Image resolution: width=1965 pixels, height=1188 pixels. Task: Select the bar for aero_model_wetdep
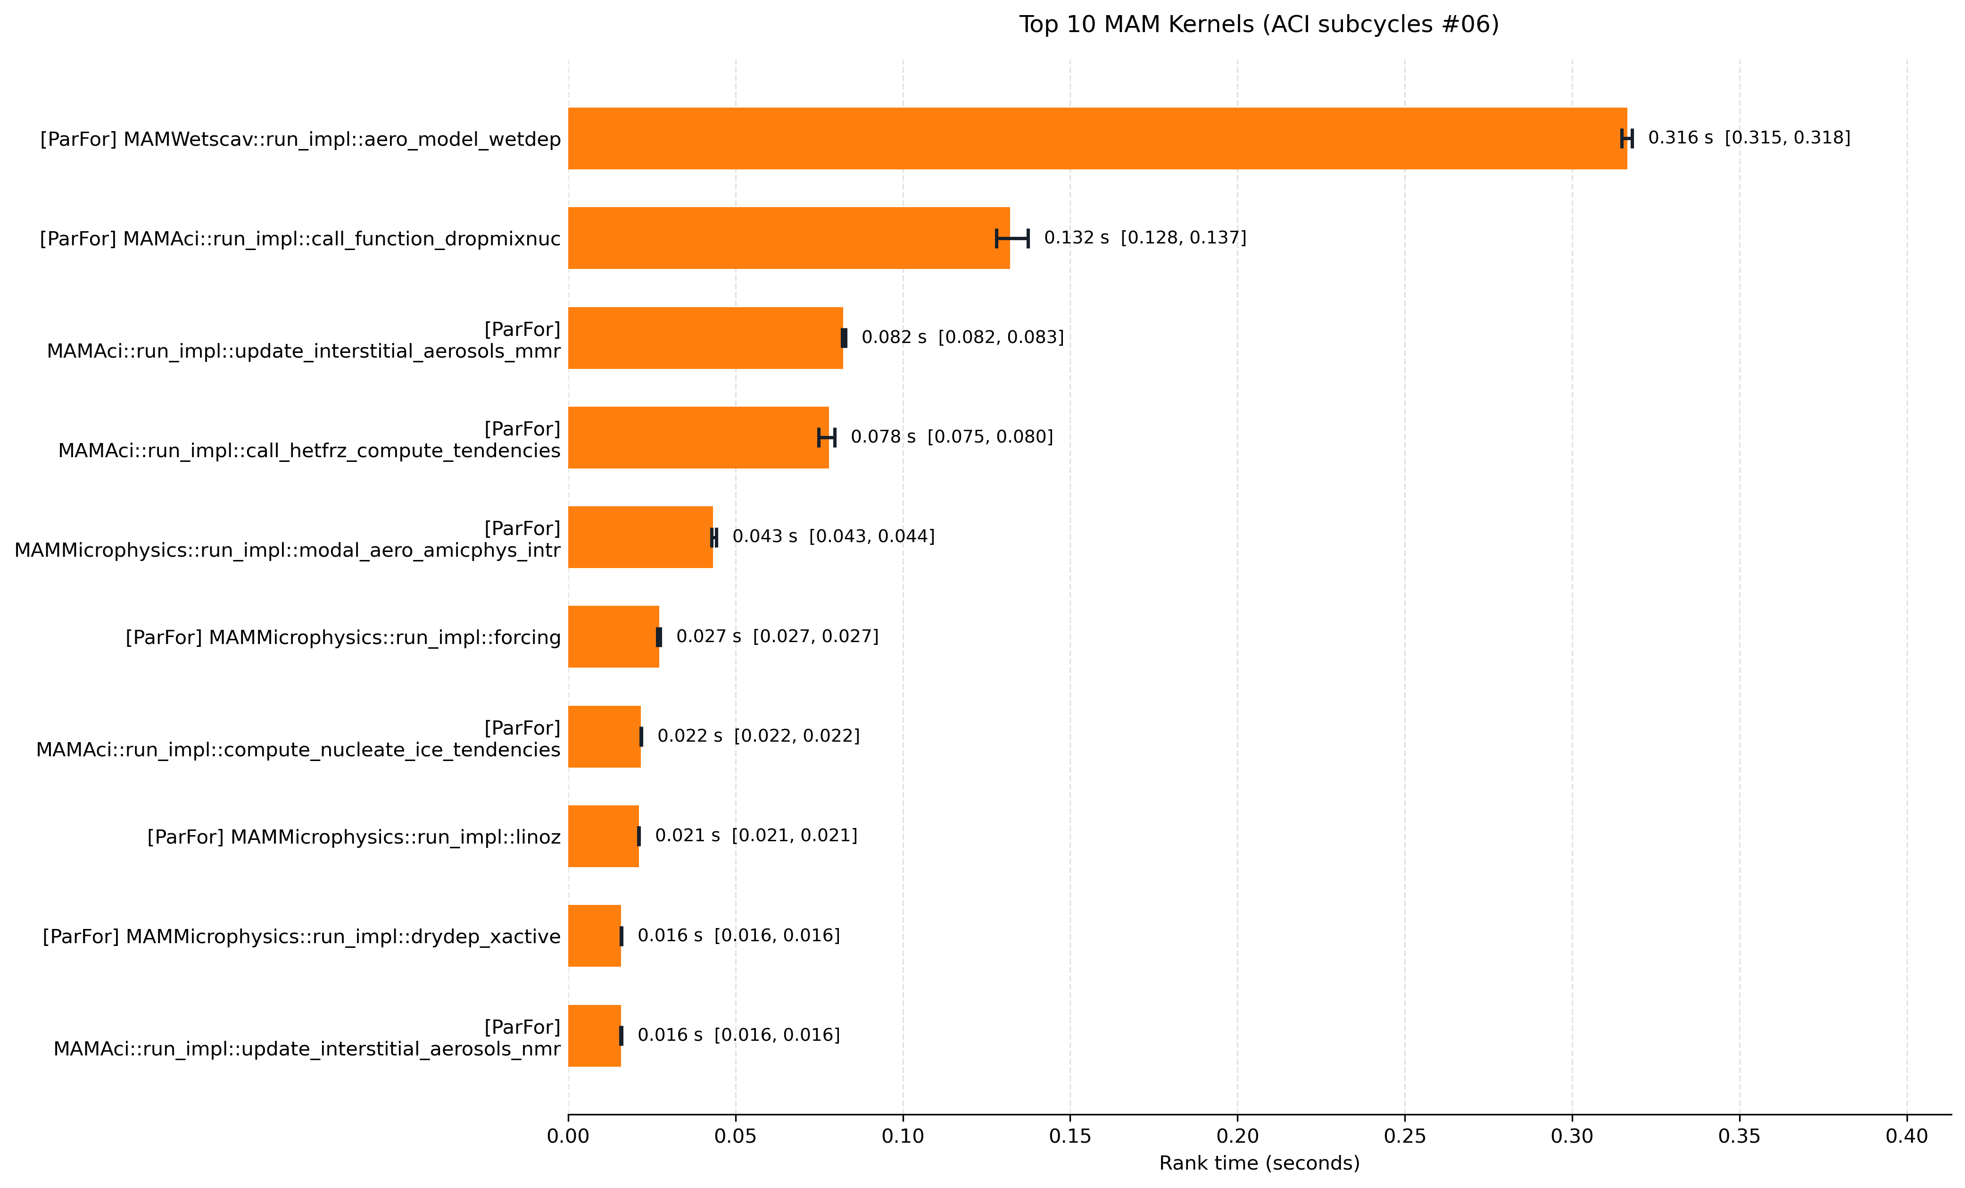(x=1097, y=138)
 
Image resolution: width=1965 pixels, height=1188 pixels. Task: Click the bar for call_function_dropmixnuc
(x=789, y=238)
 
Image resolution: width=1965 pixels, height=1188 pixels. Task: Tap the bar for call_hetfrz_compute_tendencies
(x=698, y=437)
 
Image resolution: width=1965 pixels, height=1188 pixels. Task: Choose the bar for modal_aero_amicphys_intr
(x=640, y=537)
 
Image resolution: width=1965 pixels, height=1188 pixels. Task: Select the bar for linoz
(x=604, y=836)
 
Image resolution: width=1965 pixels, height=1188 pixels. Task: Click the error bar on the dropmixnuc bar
(x=1012, y=238)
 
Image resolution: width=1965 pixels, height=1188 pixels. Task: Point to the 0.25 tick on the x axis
(x=1405, y=1115)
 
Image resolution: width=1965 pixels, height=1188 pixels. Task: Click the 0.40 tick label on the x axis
(x=1907, y=1136)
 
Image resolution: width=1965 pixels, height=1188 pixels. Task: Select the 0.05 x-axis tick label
(x=735, y=1136)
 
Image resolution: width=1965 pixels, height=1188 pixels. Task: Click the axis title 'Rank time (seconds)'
(x=1259, y=1163)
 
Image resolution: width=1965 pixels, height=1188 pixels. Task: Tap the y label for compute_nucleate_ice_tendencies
(x=298, y=739)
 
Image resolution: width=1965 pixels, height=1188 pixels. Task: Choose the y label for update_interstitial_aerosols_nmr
(x=307, y=1038)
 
